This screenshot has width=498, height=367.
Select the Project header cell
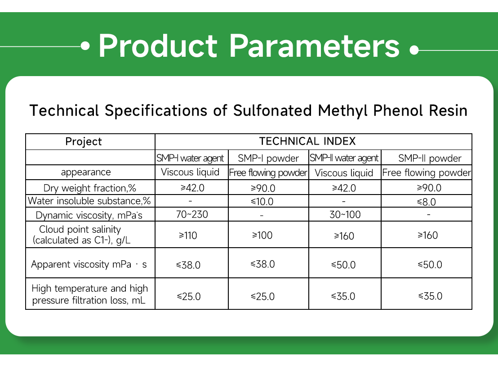pos(84,141)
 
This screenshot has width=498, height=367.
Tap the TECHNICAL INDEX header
pos(307,141)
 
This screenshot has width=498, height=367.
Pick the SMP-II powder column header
pos(430,159)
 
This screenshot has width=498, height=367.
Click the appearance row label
pos(86,172)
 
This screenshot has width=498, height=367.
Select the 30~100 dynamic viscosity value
pos(345,214)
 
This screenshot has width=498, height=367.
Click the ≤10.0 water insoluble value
pos(262,202)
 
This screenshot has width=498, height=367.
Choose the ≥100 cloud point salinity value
pos(262,235)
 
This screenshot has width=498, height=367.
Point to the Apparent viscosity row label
pos(89,264)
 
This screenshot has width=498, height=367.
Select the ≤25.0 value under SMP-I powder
pos(263,296)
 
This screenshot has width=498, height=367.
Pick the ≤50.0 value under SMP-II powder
pos(430,264)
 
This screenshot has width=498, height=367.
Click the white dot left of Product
pos(85,46)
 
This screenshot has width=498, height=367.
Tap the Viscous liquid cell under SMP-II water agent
pos(344,173)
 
